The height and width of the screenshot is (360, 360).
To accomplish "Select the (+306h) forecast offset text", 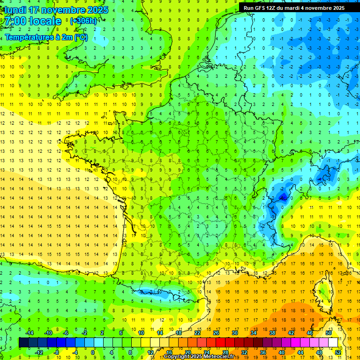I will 83,21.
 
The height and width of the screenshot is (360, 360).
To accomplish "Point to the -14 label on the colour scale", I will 29,333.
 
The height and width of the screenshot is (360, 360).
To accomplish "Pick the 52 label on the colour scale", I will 338,352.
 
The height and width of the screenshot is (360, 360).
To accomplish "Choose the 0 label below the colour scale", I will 93,352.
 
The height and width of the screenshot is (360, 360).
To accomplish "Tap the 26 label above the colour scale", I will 216,333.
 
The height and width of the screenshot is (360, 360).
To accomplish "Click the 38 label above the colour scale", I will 272,333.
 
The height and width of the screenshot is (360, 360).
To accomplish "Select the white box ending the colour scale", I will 333,343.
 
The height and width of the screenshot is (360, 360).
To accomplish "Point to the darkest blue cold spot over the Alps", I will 282,197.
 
